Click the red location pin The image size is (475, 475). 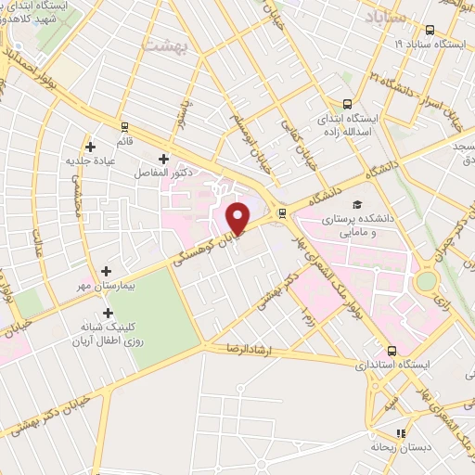(x=238, y=217)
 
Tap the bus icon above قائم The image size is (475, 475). (x=124, y=127)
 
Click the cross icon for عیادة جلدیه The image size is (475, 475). (x=90, y=146)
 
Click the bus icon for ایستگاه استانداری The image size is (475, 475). (x=392, y=351)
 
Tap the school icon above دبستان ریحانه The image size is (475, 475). (x=401, y=433)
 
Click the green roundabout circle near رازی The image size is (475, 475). (x=426, y=280)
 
